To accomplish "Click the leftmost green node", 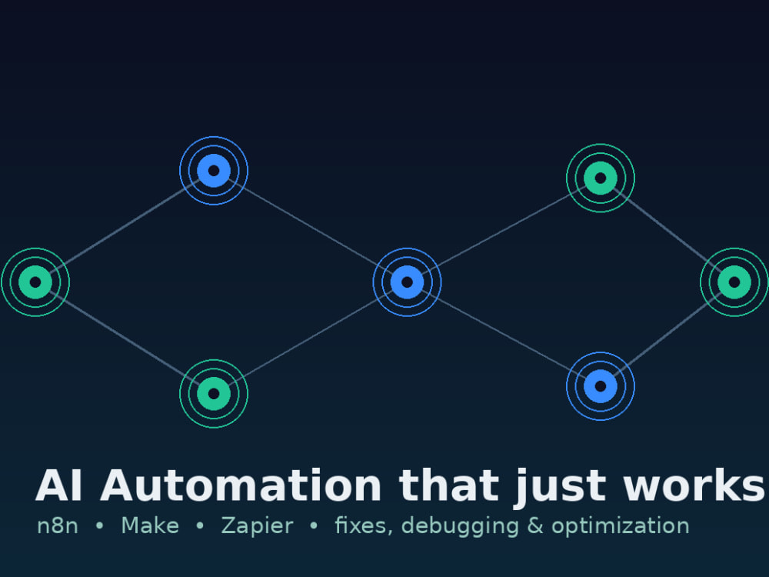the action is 35,282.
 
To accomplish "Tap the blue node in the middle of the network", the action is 407,282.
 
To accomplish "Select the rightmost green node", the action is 734,282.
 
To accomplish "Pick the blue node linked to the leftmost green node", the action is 214,171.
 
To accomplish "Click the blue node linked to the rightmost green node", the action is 601,386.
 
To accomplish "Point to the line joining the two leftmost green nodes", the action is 125,338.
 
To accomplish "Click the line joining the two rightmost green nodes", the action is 667,230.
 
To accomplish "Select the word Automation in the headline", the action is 241,485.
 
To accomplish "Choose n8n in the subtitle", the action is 58,525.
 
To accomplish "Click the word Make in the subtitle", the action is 150,525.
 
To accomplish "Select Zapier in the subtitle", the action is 257,526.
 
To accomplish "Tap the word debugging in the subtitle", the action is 460,526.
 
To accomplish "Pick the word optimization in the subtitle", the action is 621,526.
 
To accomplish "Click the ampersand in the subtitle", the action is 535,525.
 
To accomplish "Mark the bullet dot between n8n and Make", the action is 99,525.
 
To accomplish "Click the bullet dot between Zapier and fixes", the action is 314,525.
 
